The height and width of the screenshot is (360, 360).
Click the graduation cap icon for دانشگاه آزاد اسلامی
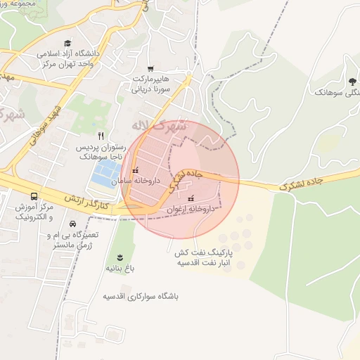click(67, 44)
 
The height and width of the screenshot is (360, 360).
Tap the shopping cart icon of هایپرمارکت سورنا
click(150, 70)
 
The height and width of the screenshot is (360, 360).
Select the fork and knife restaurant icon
click(101, 135)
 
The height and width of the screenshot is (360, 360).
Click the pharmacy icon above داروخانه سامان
click(135, 171)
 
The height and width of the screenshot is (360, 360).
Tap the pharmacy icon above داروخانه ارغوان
click(191, 199)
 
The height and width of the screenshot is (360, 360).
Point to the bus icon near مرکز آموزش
click(34, 196)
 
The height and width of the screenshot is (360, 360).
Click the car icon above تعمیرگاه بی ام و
click(72, 224)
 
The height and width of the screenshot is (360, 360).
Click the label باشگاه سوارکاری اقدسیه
click(141, 297)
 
